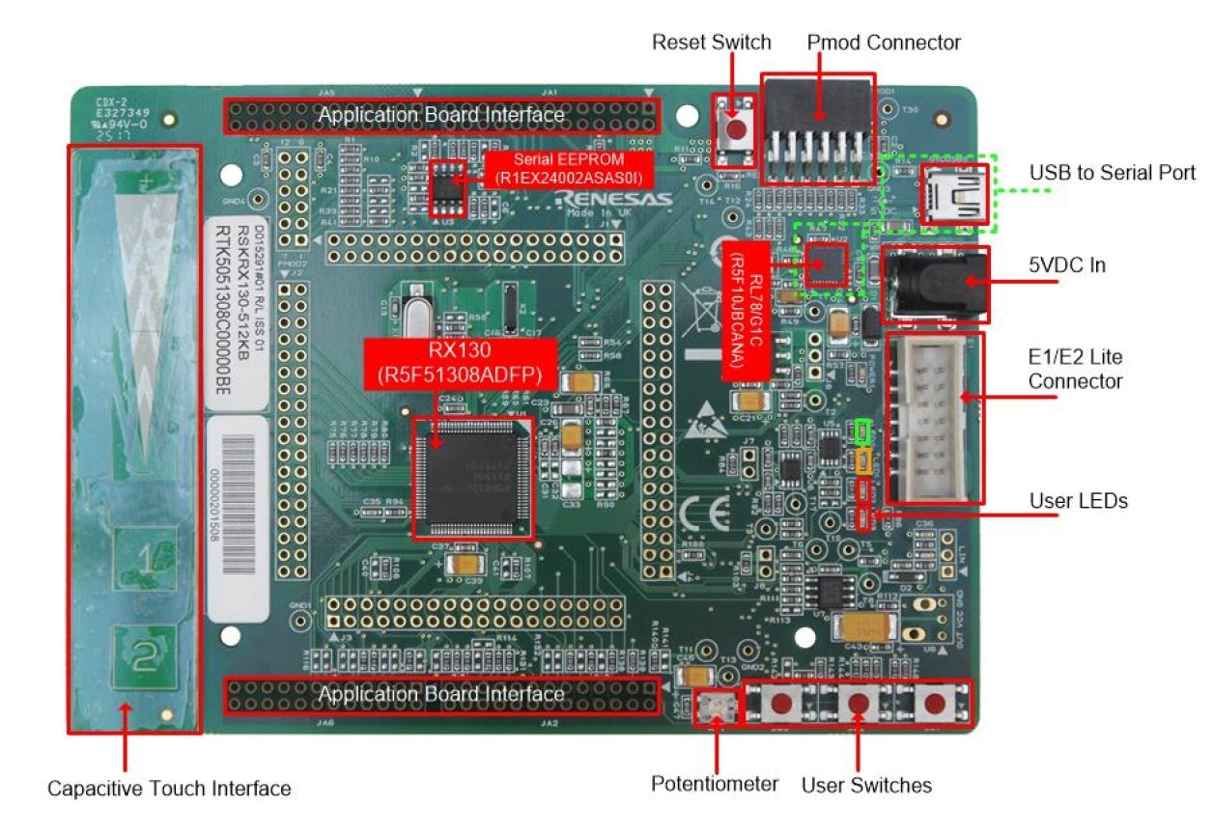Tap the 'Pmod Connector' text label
[x=883, y=42]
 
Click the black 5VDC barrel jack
[x=935, y=285]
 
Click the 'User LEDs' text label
[x=1078, y=501]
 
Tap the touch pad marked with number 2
[x=143, y=658]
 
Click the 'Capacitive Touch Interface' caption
[x=169, y=789]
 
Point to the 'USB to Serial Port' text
[x=1112, y=173]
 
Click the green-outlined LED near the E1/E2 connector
[x=863, y=431]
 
